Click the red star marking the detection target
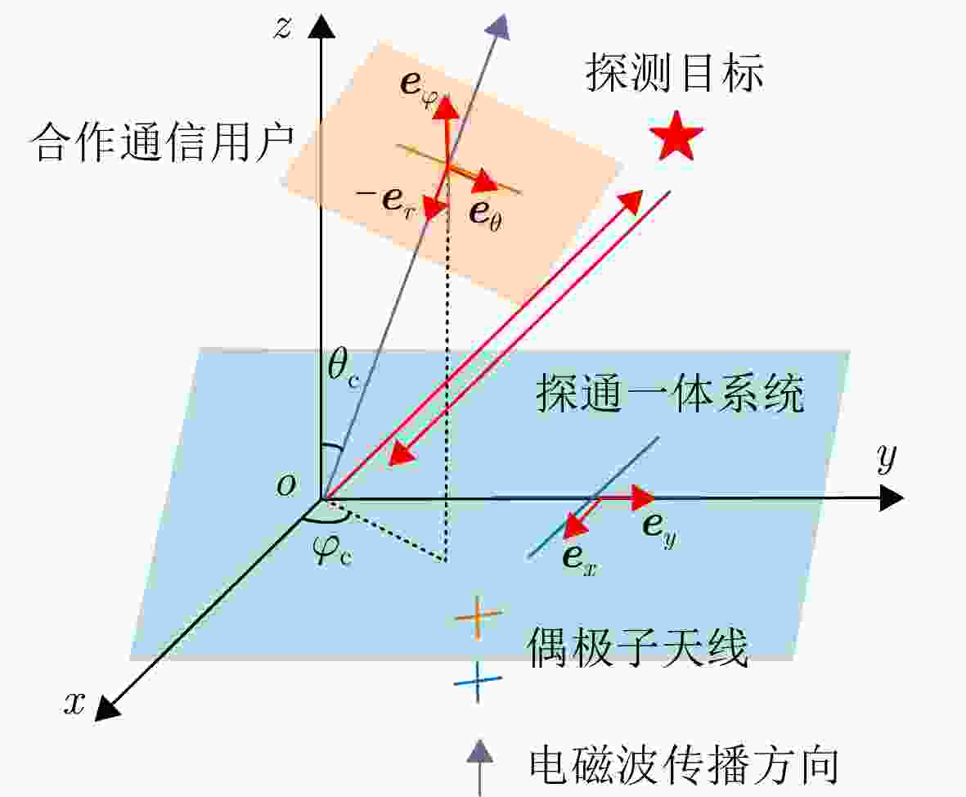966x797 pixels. point(676,137)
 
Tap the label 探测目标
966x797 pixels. point(675,73)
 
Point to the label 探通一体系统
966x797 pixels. point(670,393)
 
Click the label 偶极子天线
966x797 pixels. point(638,647)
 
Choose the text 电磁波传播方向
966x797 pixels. point(684,766)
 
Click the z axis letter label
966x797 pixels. point(283,28)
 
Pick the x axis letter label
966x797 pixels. point(74,703)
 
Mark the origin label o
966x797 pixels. point(285,485)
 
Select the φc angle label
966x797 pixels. point(333,550)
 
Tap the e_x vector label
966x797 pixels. point(579,559)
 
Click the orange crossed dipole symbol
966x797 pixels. point(478,616)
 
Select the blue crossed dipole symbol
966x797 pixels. point(478,681)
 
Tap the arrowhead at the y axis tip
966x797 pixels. point(892,498)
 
